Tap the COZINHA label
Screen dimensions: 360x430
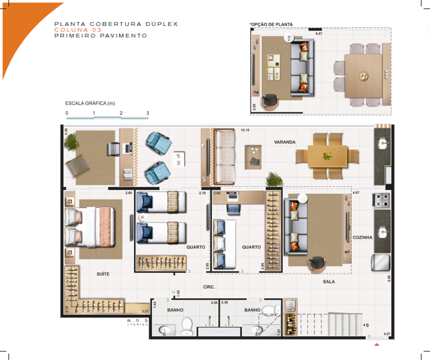click(363, 238)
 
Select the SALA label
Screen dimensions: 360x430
click(328, 282)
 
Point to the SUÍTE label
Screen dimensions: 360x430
click(103, 274)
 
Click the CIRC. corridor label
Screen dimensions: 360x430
click(209, 287)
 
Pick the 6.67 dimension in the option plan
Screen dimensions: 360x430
click(319, 34)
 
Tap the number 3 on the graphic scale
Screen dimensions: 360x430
click(148, 113)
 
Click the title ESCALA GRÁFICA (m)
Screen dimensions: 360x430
click(90, 103)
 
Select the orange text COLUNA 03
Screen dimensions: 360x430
click(77, 30)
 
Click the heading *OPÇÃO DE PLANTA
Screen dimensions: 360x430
click(270, 23)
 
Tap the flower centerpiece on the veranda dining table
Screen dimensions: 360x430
click(326, 156)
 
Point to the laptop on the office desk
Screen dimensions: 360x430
click(127, 149)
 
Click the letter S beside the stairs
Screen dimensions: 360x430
click(367, 324)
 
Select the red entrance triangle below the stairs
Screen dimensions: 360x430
click(376, 345)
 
